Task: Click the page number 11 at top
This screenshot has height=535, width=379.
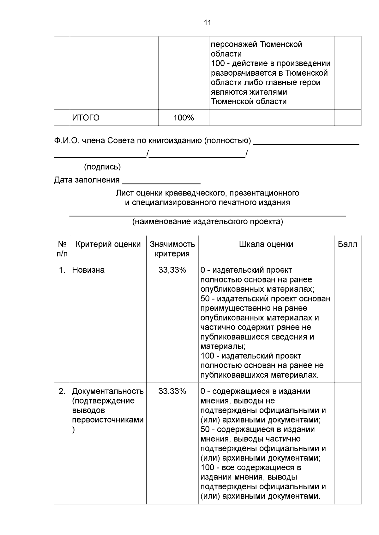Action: pos(208,23)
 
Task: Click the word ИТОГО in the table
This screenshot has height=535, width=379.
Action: pos(86,118)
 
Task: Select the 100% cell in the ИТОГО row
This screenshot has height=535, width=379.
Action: pos(183,118)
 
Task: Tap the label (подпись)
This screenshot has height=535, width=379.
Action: pos(102,167)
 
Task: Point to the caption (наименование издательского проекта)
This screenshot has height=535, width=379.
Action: pos(208,222)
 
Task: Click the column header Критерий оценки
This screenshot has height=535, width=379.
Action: pos(108,244)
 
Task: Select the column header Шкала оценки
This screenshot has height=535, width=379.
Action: pos(266,244)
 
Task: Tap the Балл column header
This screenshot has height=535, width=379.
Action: pos(347,244)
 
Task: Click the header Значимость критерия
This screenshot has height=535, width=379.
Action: pos(172,249)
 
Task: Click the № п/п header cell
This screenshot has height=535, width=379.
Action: pos(62,249)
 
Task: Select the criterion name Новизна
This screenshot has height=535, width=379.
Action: pos(88,270)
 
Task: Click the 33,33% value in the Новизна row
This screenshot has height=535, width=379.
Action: pos(172,270)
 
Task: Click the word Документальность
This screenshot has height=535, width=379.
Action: pos(108,391)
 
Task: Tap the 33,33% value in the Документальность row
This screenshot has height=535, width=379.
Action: pos(172,391)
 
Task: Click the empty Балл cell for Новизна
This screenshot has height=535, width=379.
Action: pos(347,322)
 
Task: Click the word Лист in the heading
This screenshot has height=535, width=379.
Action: pos(123,193)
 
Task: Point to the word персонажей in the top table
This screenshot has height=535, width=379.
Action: pos(233,44)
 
